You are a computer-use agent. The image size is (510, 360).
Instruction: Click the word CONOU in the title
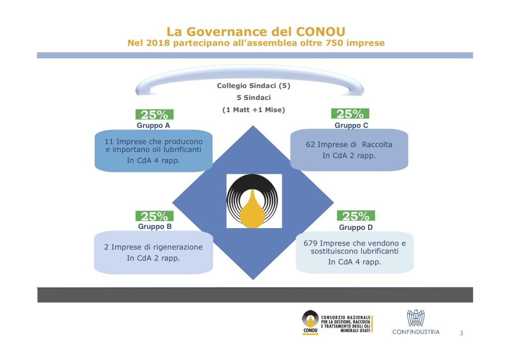pyautogui.click(x=320, y=32)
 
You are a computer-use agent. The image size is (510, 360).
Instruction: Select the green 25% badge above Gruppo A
pyautogui.click(x=154, y=115)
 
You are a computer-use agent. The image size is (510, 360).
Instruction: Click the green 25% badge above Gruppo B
pyautogui.click(x=154, y=216)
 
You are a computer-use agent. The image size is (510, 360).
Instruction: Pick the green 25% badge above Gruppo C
pyautogui.click(x=350, y=114)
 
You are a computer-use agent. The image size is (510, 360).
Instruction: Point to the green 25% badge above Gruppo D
pyautogui.click(x=356, y=216)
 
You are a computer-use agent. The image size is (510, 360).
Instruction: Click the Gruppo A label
pyautogui.click(x=153, y=125)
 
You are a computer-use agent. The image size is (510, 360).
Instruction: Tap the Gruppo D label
pyautogui.click(x=356, y=228)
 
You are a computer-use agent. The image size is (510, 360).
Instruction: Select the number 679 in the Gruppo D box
pyautogui.click(x=310, y=243)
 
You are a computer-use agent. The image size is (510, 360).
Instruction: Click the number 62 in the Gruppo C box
pyautogui.click(x=310, y=145)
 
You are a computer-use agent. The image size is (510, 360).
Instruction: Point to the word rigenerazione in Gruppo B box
pyautogui.click(x=178, y=247)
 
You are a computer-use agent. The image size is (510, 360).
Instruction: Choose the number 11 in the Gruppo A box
pyautogui.click(x=109, y=142)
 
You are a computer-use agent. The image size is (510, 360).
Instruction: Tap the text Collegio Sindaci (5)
pyautogui.click(x=254, y=86)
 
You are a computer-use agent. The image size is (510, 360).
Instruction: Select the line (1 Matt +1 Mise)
pyautogui.click(x=254, y=110)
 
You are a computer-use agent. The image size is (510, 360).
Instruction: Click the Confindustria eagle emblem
pyautogui.click(x=416, y=318)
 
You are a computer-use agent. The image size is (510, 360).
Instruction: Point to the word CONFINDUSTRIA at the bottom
pyautogui.click(x=416, y=332)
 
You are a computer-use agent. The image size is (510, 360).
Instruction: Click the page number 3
pyautogui.click(x=461, y=333)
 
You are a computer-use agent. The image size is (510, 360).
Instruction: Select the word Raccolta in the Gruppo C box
pyautogui.click(x=377, y=145)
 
